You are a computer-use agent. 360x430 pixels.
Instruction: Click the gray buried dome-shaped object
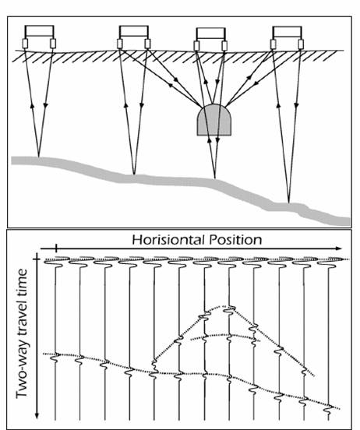point(214,120)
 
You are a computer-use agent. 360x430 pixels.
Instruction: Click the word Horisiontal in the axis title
point(168,240)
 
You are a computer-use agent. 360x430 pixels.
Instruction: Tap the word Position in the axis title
point(235,240)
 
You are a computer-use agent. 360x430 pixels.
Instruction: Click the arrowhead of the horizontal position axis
point(339,248)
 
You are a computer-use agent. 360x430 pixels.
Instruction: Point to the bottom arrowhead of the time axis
point(37,416)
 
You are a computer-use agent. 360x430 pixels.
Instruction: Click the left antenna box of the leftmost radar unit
point(25,44)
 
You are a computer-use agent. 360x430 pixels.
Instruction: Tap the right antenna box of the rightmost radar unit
point(301,44)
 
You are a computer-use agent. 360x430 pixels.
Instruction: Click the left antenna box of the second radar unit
point(120,44)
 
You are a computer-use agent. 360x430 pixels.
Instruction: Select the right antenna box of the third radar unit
point(224,46)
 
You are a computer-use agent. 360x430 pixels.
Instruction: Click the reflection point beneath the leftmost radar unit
point(39,157)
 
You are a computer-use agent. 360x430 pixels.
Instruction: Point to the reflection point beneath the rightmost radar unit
point(288,203)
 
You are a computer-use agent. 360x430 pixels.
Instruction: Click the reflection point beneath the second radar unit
point(134,174)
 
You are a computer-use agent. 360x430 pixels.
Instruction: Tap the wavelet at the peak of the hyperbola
point(229,309)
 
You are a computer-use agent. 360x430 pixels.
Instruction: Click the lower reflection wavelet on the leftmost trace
point(55,358)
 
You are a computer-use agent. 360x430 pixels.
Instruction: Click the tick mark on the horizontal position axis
point(56,248)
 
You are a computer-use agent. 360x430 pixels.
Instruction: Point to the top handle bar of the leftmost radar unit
point(39,26)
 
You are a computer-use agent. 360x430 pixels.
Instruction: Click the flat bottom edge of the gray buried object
point(214,136)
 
